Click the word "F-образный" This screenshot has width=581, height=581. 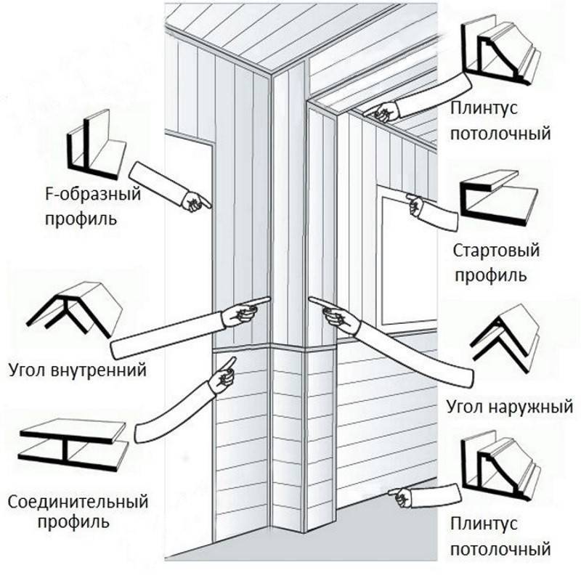pos(81,195)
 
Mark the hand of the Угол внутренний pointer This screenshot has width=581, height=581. pos(243,312)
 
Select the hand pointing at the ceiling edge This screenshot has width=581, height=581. pos(382,111)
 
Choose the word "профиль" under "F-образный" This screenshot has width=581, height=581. pos(81,218)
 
